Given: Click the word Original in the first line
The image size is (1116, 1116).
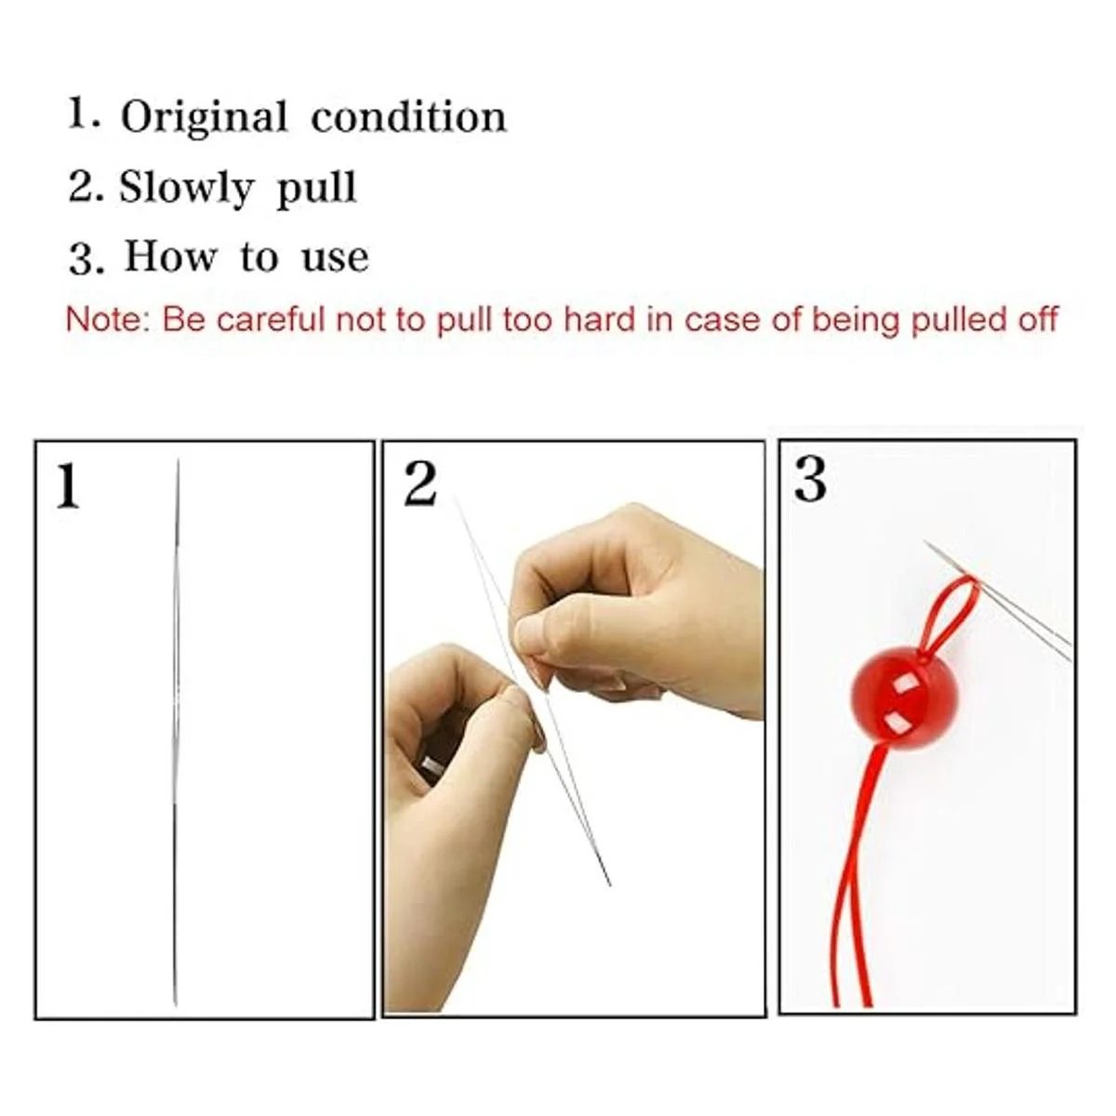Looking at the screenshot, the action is tap(204, 118).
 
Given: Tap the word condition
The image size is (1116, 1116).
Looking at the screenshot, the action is tap(409, 117).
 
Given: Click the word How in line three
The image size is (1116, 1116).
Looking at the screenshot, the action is tap(171, 256).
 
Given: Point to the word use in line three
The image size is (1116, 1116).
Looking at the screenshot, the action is tap(336, 259).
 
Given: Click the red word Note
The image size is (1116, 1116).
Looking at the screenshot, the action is tap(108, 319).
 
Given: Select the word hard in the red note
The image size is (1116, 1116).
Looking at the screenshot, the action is tap(600, 319).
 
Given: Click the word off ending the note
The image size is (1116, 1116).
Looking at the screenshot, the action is tap(1038, 319).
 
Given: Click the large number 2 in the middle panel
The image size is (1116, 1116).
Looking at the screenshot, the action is tap(419, 485).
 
